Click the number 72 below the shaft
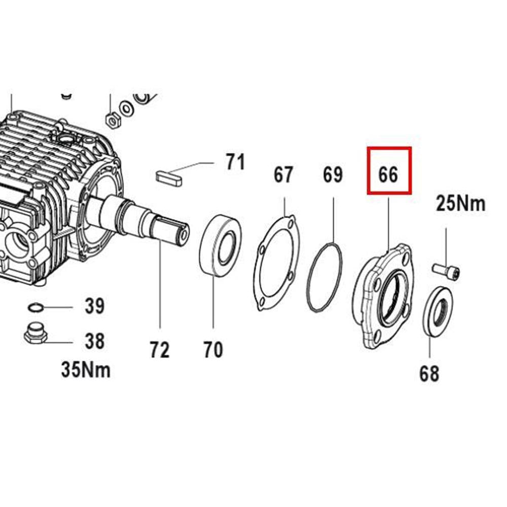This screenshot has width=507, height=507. click(x=159, y=349)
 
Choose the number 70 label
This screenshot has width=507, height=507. click(x=213, y=349)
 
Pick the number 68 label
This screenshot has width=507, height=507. click(x=429, y=374)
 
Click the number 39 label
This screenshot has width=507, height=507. click(x=95, y=306)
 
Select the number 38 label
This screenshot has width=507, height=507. click(x=95, y=341)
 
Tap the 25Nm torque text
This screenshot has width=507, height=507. click(x=460, y=204)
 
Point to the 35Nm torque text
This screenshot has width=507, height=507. click(x=86, y=370)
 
